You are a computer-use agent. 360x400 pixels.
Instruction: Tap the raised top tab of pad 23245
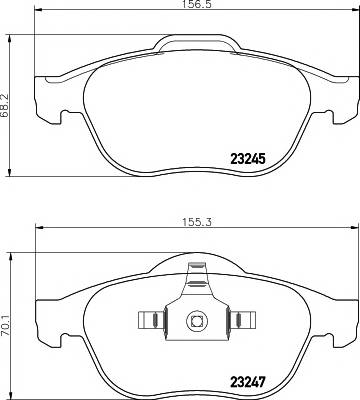click(197, 43)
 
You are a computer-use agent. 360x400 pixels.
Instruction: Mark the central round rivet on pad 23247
click(196, 321)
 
